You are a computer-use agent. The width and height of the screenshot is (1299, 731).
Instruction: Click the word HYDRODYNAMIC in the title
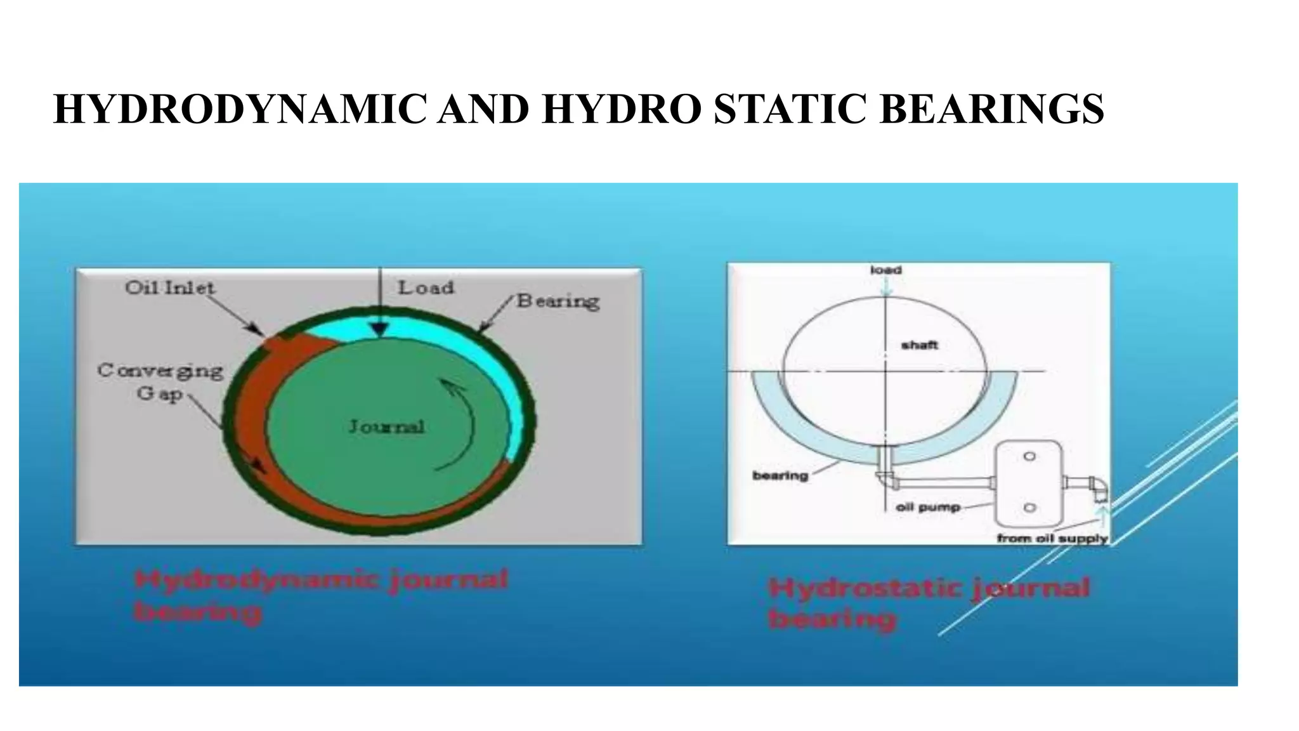pos(240,109)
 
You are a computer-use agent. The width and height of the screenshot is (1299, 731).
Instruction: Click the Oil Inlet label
pos(170,288)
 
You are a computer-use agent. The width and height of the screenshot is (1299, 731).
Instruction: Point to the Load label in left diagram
pos(426,288)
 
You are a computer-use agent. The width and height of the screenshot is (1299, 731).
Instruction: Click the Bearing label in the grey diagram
pos(558,301)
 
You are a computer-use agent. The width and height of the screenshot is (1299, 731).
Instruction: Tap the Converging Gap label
pos(160,381)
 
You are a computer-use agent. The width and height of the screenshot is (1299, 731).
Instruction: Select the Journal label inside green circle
pos(386,426)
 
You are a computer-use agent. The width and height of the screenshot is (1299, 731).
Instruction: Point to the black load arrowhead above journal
pos(379,329)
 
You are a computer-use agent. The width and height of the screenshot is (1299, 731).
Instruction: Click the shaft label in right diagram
pos(919,345)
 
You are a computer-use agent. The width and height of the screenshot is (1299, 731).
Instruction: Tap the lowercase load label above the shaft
pos(886,270)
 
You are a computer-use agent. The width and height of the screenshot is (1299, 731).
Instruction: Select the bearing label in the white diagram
pos(780,475)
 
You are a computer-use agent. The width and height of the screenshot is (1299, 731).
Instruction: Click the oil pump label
pos(928,508)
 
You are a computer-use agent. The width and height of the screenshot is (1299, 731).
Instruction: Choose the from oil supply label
pos(1052,538)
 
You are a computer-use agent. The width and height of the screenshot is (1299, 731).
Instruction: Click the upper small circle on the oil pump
pos(1029,456)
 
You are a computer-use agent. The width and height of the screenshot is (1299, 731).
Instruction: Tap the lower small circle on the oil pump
pos(1029,508)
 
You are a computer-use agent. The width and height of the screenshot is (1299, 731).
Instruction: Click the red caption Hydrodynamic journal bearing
pos(320,595)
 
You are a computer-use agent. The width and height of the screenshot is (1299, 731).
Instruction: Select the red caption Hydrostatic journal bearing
pos(928,603)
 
